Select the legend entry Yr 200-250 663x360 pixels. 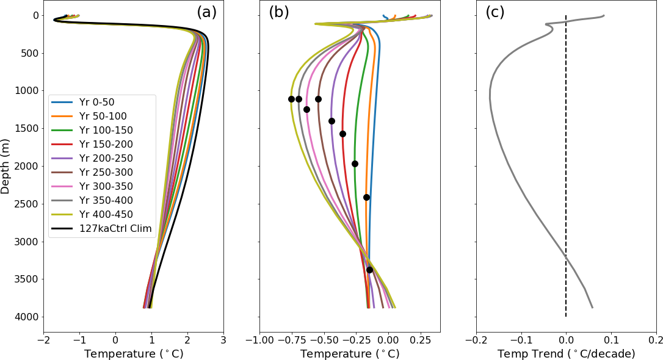point(106,158)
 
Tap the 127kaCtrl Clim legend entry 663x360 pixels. point(115,228)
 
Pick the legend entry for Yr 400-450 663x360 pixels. point(106,214)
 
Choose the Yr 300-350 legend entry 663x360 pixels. point(106,186)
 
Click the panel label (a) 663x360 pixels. point(206,12)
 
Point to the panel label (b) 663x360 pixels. point(279,12)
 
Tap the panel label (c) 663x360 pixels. point(495,12)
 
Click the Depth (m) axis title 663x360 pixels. point(6,167)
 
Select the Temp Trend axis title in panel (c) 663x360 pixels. point(566,354)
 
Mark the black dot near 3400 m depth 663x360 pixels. point(369,270)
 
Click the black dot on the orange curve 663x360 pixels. point(366,197)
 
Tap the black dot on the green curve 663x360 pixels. point(355,164)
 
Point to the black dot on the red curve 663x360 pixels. point(342,134)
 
